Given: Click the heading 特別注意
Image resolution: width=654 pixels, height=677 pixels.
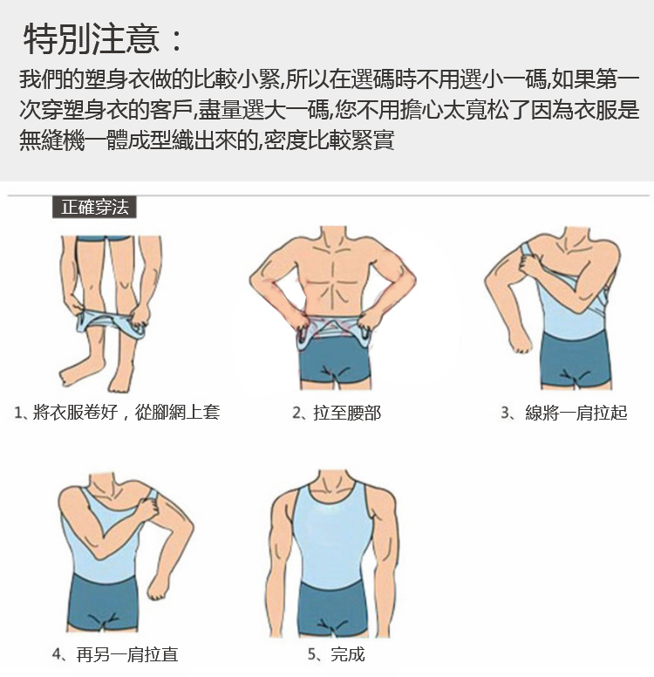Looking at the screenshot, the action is (x=92, y=39).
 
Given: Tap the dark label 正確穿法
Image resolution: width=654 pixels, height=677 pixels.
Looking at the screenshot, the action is (x=94, y=208).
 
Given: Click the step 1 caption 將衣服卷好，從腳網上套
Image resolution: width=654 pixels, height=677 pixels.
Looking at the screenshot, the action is (x=126, y=413).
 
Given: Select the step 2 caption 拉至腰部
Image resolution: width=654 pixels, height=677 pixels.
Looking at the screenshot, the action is (x=348, y=414).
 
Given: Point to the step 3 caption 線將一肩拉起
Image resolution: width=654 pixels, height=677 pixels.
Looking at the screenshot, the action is (x=576, y=414).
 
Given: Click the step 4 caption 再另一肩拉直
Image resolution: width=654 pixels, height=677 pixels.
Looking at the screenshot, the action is (x=127, y=654).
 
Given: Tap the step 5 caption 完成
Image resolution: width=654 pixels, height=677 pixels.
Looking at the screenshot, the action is (x=348, y=654).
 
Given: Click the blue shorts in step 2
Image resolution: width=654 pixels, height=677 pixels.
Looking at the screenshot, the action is (x=335, y=359).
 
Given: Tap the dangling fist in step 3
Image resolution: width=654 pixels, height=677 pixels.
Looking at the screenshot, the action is (x=520, y=340).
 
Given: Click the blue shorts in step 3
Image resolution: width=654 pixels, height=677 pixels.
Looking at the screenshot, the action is (x=576, y=359).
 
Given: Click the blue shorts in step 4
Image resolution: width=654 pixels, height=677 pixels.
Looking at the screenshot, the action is (x=104, y=602).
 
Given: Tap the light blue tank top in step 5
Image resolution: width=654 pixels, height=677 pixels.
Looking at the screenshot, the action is (x=332, y=536).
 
